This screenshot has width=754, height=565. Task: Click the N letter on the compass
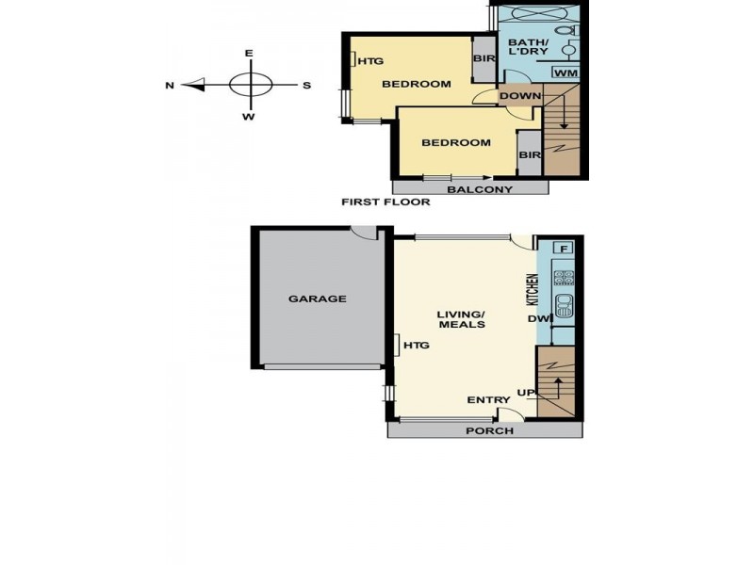point(170,86)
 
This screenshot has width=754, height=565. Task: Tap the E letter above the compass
point(249,54)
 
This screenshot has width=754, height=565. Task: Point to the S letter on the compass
point(306,86)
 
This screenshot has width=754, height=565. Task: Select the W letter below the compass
point(249,117)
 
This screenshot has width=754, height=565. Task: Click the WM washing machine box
point(566,73)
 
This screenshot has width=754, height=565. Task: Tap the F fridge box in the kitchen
point(564,249)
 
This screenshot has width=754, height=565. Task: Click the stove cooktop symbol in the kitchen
point(564,278)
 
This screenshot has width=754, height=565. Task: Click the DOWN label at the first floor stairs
point(519,96)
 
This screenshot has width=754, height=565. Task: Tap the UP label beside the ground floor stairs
point(526,392)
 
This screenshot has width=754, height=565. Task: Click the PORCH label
point(490,431)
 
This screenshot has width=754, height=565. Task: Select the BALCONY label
point(480,189)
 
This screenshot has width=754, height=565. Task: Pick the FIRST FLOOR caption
point(386,202)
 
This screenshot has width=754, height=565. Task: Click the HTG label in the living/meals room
point(416,346)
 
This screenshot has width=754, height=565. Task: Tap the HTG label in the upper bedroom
point(371,61)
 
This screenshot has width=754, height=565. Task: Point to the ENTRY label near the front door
point(488,400)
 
